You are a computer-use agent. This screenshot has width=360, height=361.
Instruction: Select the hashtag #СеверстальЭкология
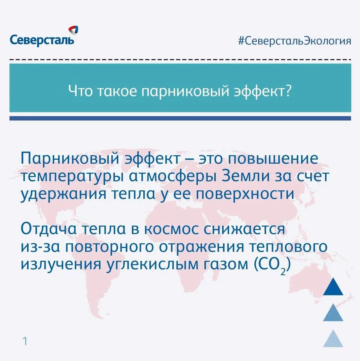[295, 41]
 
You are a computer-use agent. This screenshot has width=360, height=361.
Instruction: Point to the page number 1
[25, 341]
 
